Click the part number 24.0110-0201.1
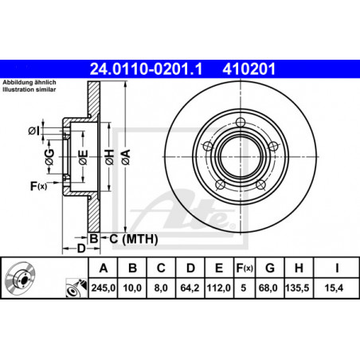[x=146, y=69]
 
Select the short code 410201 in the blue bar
[x=249, y=69]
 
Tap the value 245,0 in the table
[x=104, y=288]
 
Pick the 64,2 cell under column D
[x=190, y=288]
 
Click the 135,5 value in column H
[x=297, y=288]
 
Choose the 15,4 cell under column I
[x=334, y=288]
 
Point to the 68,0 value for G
[x=268, y=288]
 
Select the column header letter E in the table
[x=219, y=268]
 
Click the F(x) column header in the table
[x=245, y=268]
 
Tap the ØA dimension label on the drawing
[x=126, y=157]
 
